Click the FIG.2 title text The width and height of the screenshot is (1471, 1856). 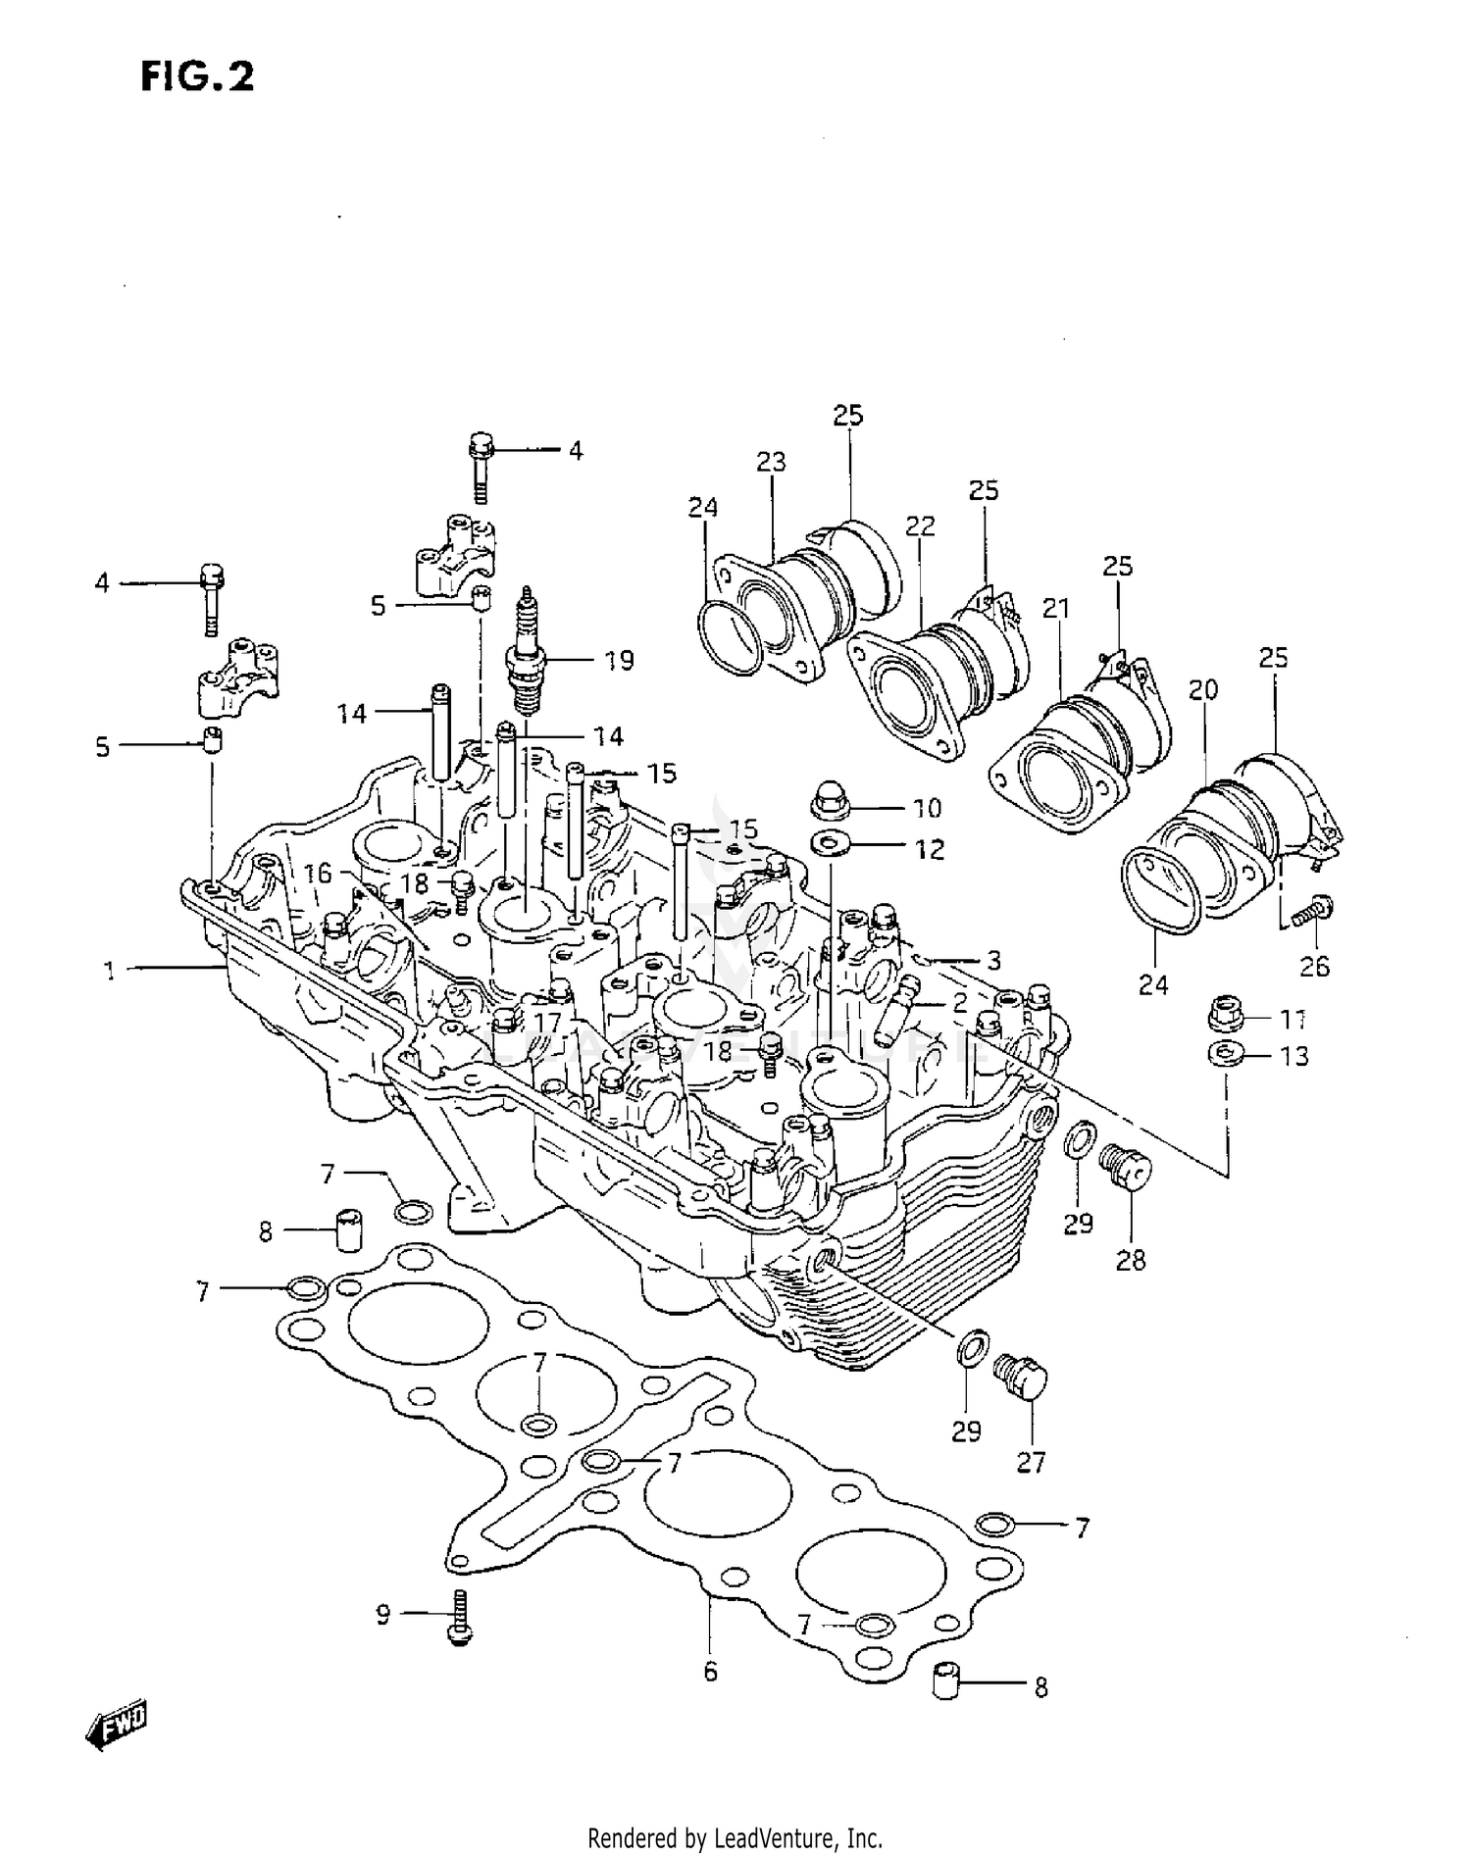(x=197, y=75)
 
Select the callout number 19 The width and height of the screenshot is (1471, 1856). (x=619, y=661)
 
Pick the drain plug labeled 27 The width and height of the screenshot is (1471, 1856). (x=1021, y=1378)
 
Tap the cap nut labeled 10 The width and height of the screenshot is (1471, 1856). (x=831, y=804)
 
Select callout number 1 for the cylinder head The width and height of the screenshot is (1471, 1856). (x=110, y=971)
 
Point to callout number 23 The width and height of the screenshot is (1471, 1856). (x=772, y=462)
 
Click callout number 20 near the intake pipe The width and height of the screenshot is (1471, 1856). (x=1203, y=690)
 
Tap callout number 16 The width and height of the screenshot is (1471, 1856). (x=318, y=873)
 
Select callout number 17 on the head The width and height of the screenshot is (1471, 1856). (x=547, y=1024)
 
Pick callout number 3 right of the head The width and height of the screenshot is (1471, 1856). (x=993, y=961)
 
